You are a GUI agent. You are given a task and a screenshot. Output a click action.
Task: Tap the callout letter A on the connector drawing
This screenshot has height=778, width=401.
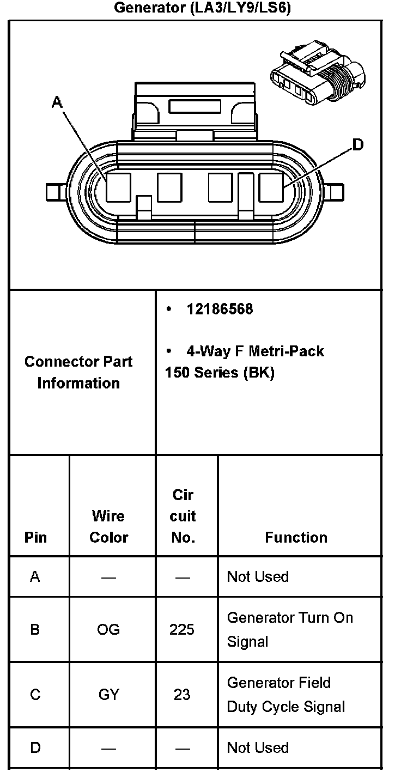pyautogui.click(x=57, y=102)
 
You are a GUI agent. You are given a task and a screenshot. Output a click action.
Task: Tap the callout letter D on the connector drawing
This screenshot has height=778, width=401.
pyautogui.click(x=357, y=144)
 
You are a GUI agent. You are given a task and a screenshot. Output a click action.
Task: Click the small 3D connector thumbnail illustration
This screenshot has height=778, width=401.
pyautogui.click(x=317, y=76)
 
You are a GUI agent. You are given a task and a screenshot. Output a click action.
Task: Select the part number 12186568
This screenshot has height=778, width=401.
pyautogui.click(x=220, y=309)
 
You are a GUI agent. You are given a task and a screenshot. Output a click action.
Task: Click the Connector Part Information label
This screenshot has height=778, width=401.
pyautogui.click(x=78, y=372)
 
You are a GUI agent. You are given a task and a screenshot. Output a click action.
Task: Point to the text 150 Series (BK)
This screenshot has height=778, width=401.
pyautogui.click(x=220, y=373)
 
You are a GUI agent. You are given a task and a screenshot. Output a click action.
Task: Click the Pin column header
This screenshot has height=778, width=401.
pyautogui.click(x=36, y=537)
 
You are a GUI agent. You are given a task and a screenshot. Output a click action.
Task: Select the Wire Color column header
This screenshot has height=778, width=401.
pyautogui.click(x=108, y=526)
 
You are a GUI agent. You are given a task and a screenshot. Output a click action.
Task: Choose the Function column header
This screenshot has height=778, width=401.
pyautogui.click(x=296, y=537)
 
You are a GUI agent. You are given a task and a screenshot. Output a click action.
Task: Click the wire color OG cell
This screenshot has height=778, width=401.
pyautogui.click(x=108, y=630)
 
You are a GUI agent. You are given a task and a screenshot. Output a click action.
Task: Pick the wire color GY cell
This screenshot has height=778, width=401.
pyautogui.click(x=108, y=695)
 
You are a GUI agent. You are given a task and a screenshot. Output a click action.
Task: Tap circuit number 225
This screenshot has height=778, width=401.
pyautogui.click(x=182, y=630)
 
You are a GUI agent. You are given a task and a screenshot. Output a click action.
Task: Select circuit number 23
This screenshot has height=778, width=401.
pyautogui.click(x=182, y=695)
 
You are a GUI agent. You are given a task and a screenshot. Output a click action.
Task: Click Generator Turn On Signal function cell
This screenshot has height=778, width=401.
pyautogui.click(x=290, y=629)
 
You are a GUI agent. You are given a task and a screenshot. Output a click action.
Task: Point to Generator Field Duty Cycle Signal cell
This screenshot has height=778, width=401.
pyautogui.click(x=286, y=695)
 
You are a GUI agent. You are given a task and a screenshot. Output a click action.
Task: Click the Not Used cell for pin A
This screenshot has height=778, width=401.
pyautogui.click(x=258, y=576)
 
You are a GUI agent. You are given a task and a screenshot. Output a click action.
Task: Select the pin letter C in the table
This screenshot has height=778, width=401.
pyautogui.click(x=35, y=695)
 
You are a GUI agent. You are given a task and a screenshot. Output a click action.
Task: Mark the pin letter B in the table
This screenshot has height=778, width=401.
pyautogui.click(x=35, y=630)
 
